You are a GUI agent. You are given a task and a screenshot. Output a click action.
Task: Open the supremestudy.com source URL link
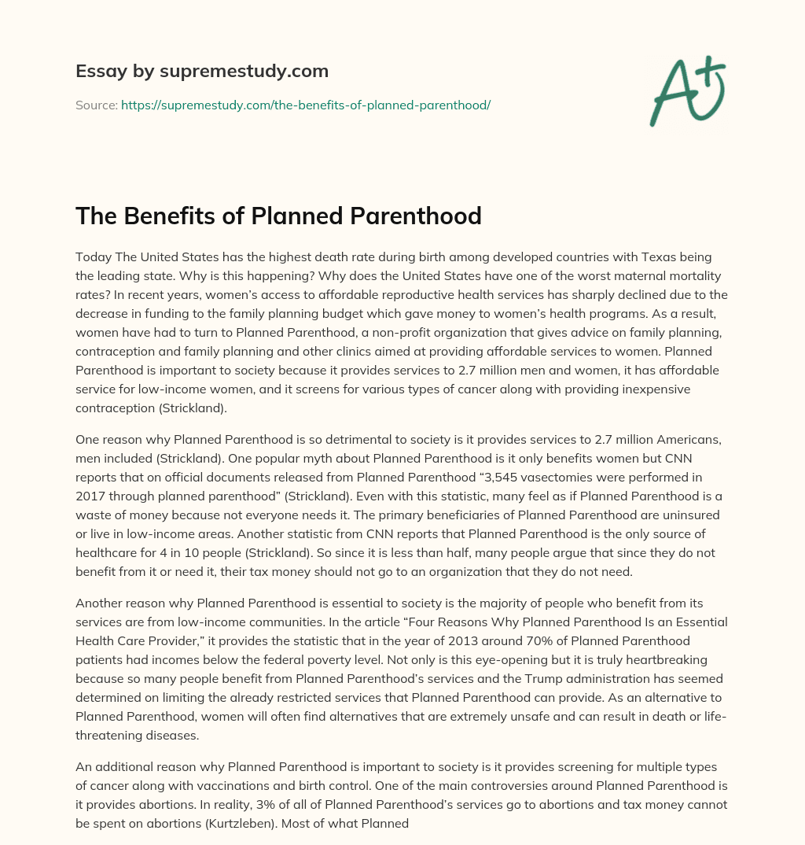point(306,105)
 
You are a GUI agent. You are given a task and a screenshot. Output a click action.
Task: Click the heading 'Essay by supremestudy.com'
point(202,72)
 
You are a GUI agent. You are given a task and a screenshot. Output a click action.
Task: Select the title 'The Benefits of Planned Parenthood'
point(278,216)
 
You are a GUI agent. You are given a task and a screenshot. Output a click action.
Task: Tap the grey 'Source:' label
point(97,105)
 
